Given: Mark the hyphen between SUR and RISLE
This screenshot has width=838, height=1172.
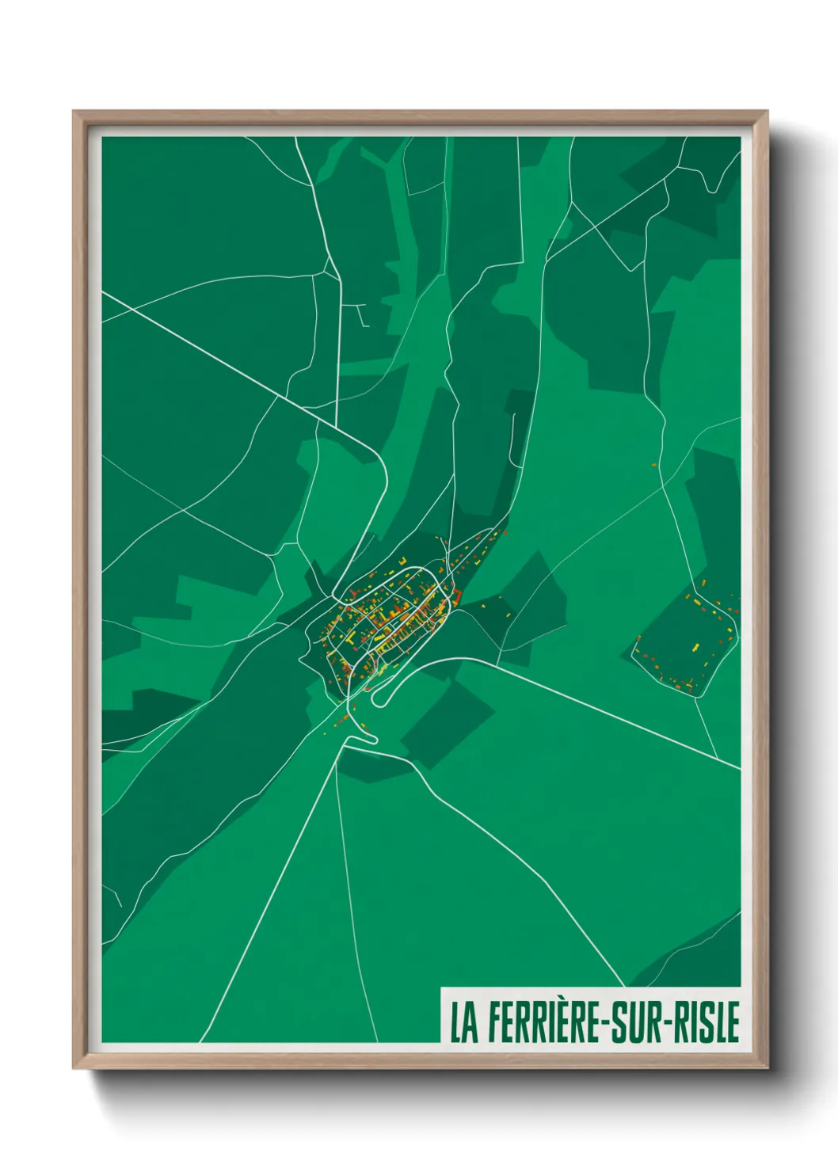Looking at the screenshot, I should pos(671,1023).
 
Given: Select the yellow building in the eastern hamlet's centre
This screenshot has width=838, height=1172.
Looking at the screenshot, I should pos(697,647).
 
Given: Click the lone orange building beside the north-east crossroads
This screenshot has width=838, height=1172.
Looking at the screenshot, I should pos(654,465).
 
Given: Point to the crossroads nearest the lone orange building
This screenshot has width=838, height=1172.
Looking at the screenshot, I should pos(664,485).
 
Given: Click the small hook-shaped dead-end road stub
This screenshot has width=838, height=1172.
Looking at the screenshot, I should pos(363,317).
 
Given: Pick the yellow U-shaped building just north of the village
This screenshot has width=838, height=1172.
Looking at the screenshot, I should pos(402,561).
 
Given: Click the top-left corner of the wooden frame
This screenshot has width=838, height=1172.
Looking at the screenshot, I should pos(74,112).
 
